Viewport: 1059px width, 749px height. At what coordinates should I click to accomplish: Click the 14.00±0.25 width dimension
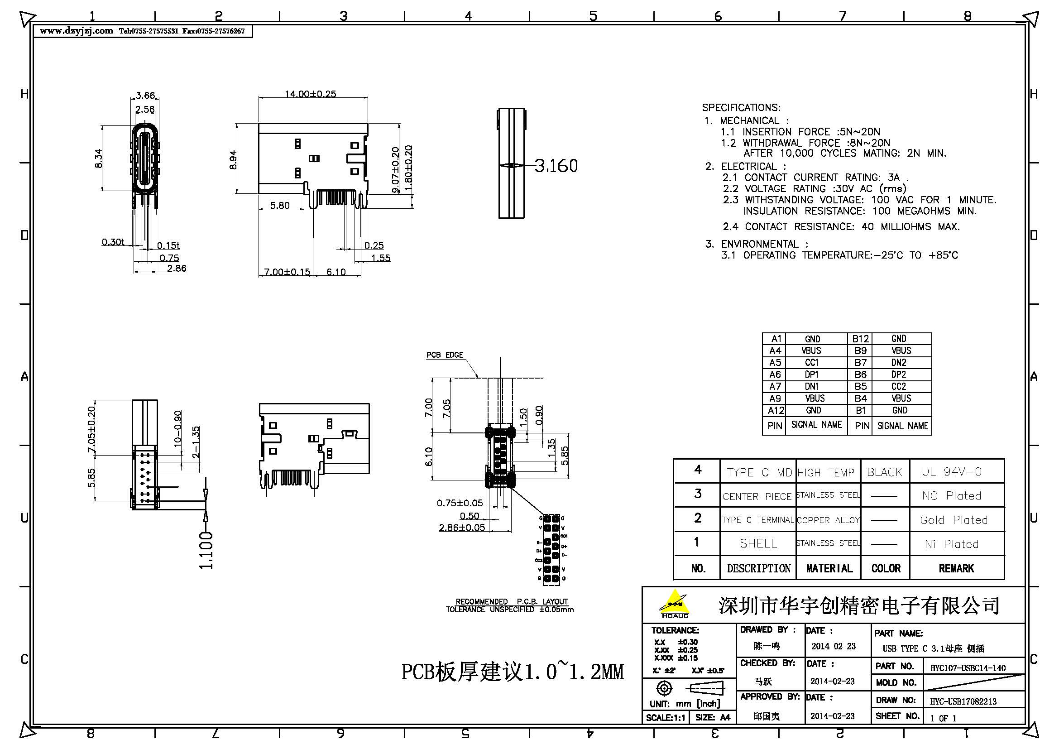310,94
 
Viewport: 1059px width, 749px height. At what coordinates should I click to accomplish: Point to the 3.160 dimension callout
556,166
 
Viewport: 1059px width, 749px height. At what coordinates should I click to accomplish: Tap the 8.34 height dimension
98,158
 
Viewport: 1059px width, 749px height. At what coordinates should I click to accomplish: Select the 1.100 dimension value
206,550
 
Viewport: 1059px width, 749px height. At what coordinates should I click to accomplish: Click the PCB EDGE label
444,355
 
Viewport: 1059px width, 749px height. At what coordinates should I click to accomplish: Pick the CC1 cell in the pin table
812,363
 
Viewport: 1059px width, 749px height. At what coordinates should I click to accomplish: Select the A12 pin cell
775,410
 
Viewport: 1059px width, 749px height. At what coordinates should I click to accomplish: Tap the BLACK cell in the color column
884,472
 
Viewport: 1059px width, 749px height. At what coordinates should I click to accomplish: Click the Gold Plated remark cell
954,520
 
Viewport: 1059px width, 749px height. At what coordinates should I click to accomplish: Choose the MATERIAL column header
829,568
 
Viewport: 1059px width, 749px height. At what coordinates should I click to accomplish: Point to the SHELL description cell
758,544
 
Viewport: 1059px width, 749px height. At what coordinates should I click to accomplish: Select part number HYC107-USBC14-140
968,668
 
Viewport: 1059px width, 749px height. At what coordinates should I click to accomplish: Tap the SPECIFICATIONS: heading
741,107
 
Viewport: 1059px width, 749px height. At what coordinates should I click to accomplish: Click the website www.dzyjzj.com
76,31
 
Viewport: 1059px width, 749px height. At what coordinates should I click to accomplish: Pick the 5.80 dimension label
279,205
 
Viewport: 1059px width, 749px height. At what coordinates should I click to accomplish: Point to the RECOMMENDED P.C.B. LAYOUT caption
512,601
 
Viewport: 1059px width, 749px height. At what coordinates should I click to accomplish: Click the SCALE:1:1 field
665,718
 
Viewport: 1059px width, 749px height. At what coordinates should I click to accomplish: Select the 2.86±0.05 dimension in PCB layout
462,527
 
